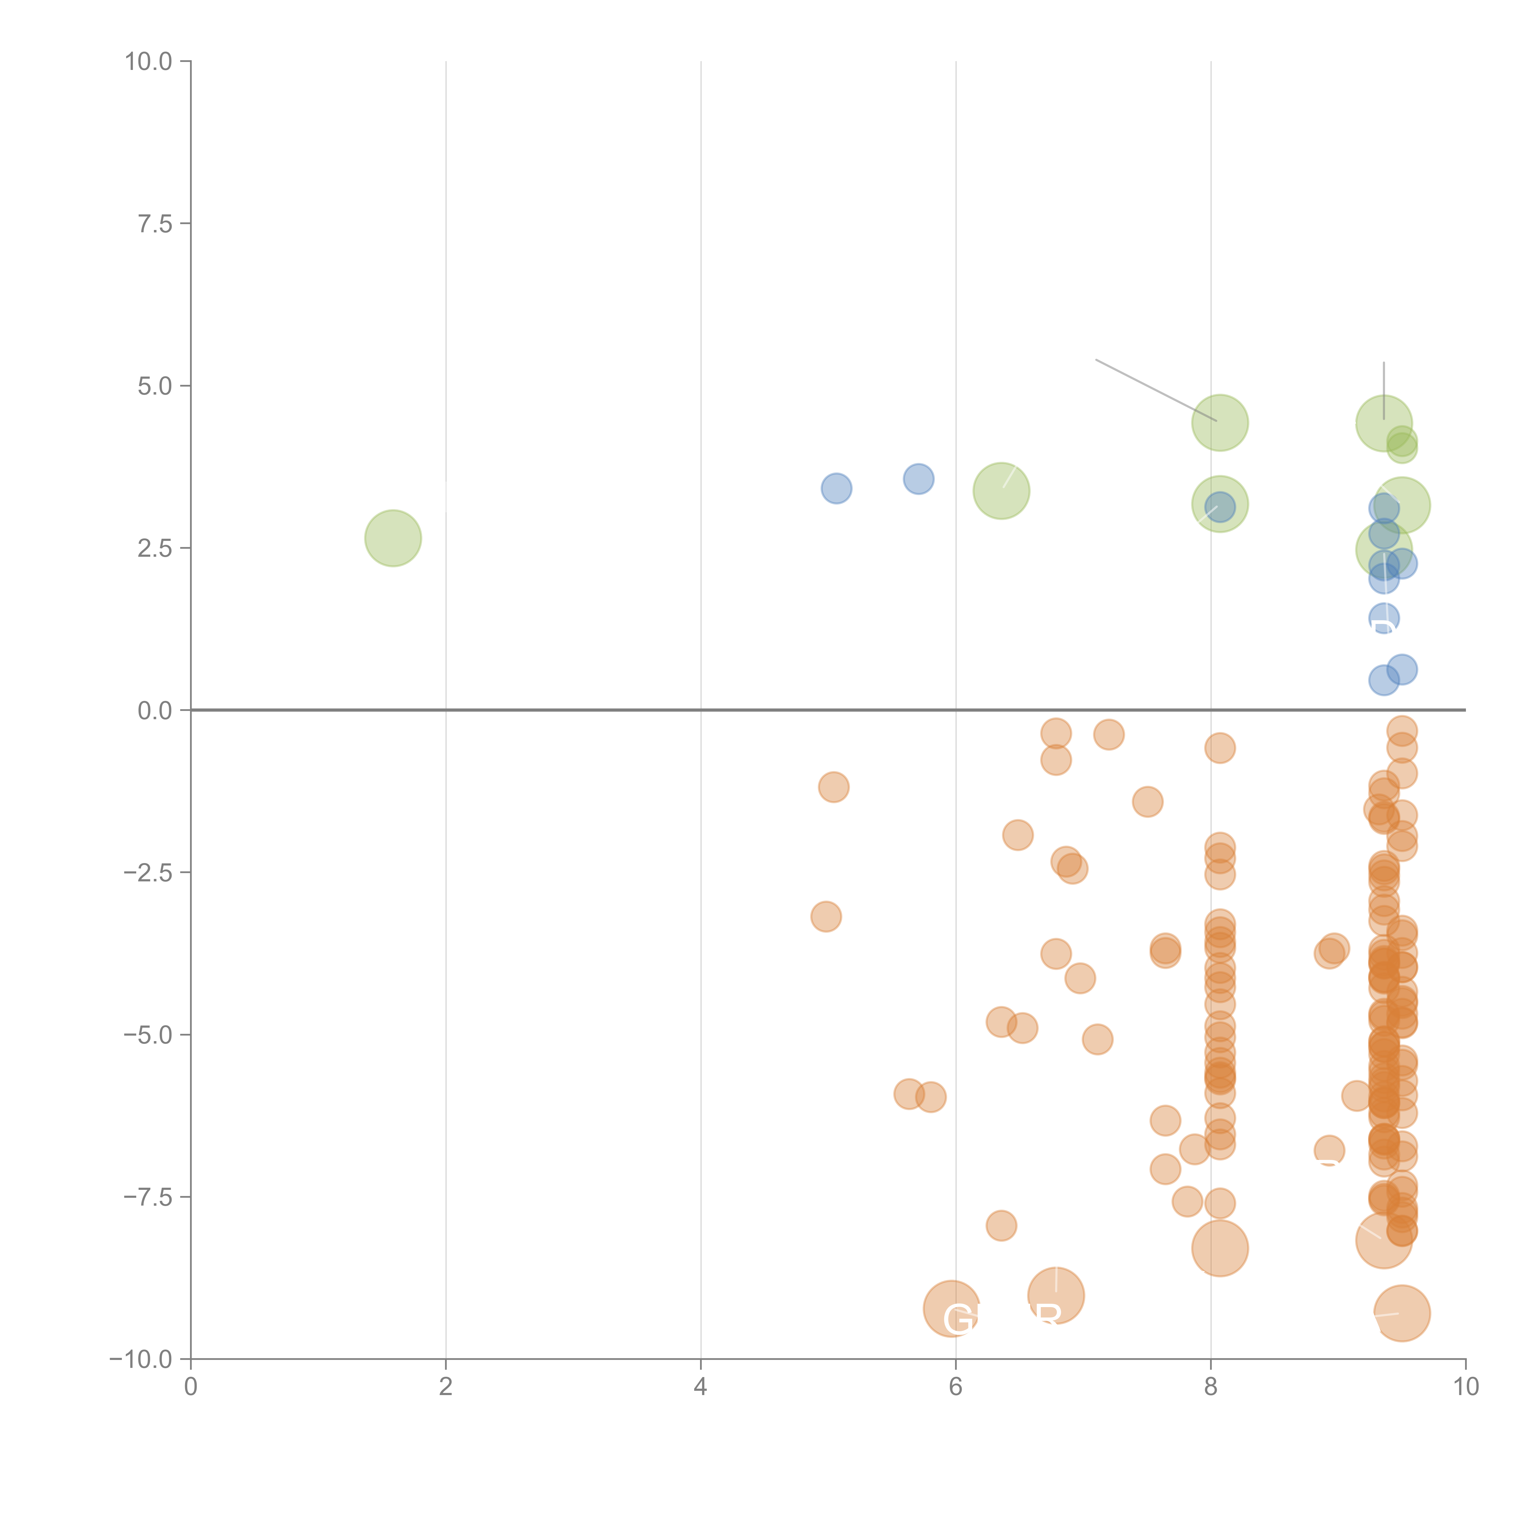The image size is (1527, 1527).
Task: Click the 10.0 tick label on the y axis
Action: [x=149, y=62]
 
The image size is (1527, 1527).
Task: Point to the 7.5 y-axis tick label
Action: [x=155, y=224]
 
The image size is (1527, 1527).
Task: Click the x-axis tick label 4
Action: [x=700, y=1387]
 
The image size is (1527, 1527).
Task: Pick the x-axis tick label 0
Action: [x=191, y=1387]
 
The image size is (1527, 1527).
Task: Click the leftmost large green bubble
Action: [x=393, y=538]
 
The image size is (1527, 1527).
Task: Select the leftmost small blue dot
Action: [x=836, y=488]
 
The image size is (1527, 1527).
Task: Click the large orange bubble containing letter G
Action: [x=952, y=1309]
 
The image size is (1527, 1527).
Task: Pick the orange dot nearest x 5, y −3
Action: [x=826, y=917]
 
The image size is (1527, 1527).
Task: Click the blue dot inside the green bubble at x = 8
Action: [x=1219, y=507]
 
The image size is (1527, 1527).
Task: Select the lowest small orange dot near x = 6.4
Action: [x=1001, y=1226]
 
